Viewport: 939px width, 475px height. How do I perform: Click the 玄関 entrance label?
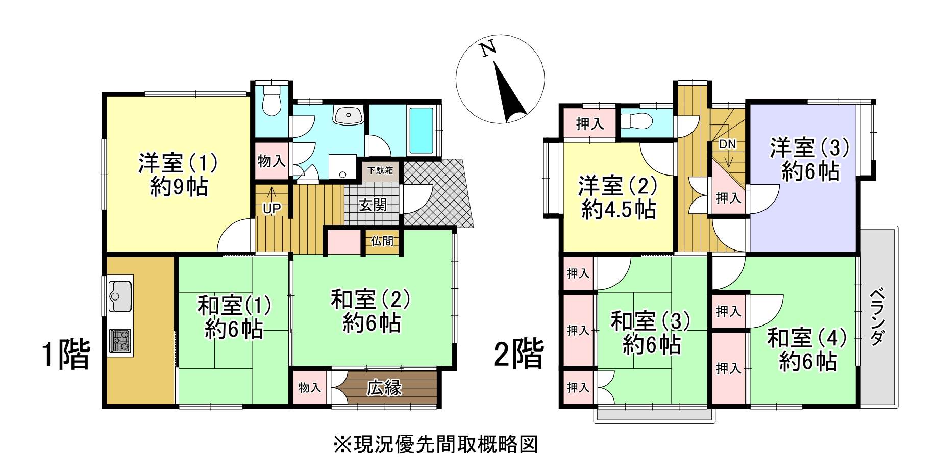coord(373,205)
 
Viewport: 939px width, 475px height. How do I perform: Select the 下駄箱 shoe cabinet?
coord(381,170)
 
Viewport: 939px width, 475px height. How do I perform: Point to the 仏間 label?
coord(382,240)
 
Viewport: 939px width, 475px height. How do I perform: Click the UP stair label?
coord(272,209)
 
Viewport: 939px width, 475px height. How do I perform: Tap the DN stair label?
coord(728,144)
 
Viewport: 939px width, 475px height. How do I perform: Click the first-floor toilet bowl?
coord(271,102)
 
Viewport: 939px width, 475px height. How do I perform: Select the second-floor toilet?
coord(636,121)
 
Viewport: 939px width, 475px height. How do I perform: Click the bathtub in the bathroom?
coord(421,131)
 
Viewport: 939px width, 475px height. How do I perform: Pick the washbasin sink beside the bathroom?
coord(349,115)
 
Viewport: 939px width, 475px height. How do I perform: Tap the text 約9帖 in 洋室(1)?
coord(179,187)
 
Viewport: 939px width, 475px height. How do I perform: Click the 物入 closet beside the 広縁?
coord(310,388)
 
